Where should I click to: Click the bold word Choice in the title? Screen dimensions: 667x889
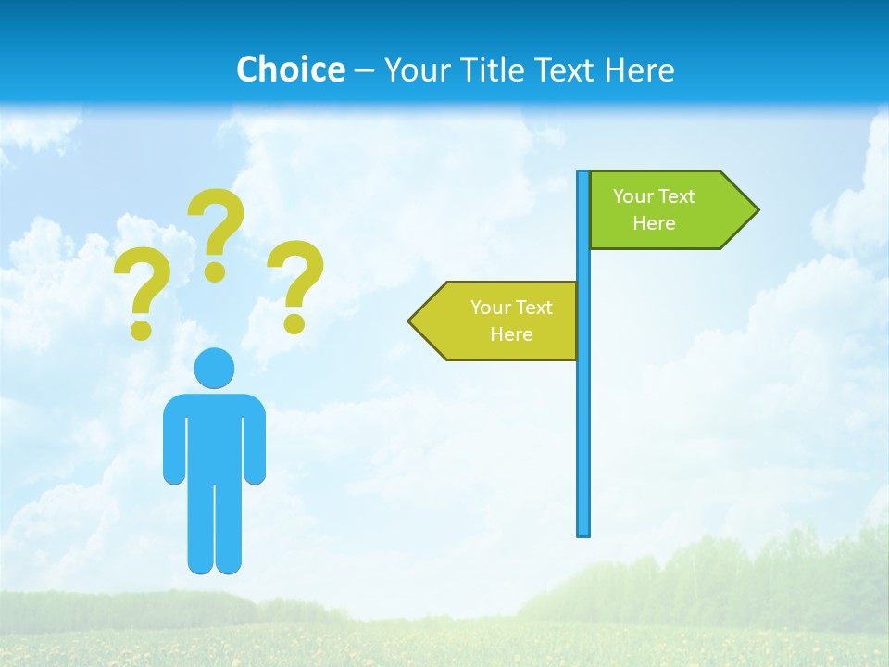[x=290, y=69]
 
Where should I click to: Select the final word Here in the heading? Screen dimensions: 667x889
[x=639, y=69]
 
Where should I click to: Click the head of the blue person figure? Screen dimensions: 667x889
[x=215, y=368]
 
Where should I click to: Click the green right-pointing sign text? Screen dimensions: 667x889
[x=654, y=209]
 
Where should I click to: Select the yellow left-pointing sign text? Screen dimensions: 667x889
[x=511, y=321]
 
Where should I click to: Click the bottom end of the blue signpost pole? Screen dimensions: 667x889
[x=583, y=532]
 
